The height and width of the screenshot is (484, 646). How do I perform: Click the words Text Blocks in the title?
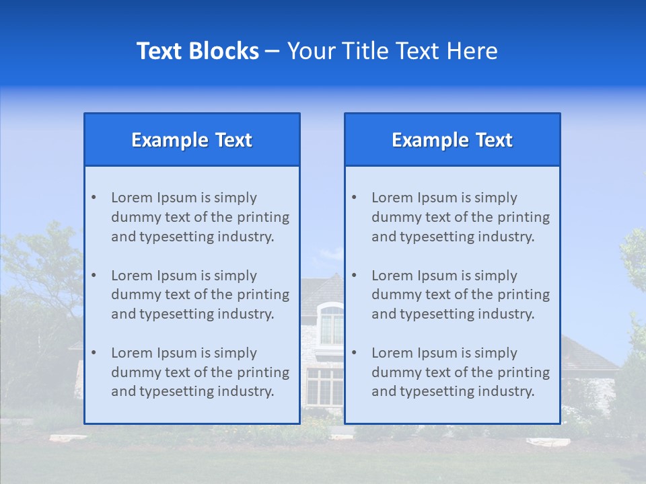pos(197,51)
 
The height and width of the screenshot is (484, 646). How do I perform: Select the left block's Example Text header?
pos(192,140)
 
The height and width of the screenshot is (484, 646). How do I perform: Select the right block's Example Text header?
pos(452,140)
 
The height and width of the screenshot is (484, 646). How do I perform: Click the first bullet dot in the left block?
pos(94,198)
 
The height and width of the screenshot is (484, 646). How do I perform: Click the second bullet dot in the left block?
pos(94,276)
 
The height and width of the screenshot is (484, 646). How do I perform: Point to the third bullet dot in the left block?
pos(94,353)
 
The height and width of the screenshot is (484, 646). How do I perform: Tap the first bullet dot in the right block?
pos(354,198)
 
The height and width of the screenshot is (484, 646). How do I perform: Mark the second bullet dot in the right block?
pos(354,276)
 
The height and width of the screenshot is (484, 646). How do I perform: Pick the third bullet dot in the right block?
pos(354,353)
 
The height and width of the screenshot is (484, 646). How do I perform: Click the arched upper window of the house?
pos(331,324)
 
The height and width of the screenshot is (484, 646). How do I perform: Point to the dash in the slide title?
pos(273,51)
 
